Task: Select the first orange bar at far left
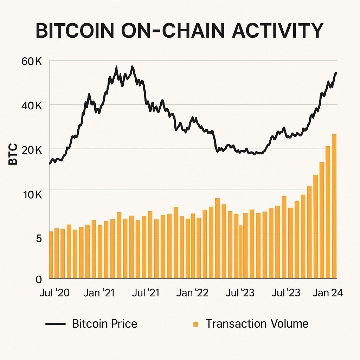coord(51,255)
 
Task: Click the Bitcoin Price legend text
coord(104,323)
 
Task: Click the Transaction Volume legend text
coord(257,323)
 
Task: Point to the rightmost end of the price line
coord(336,73)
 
